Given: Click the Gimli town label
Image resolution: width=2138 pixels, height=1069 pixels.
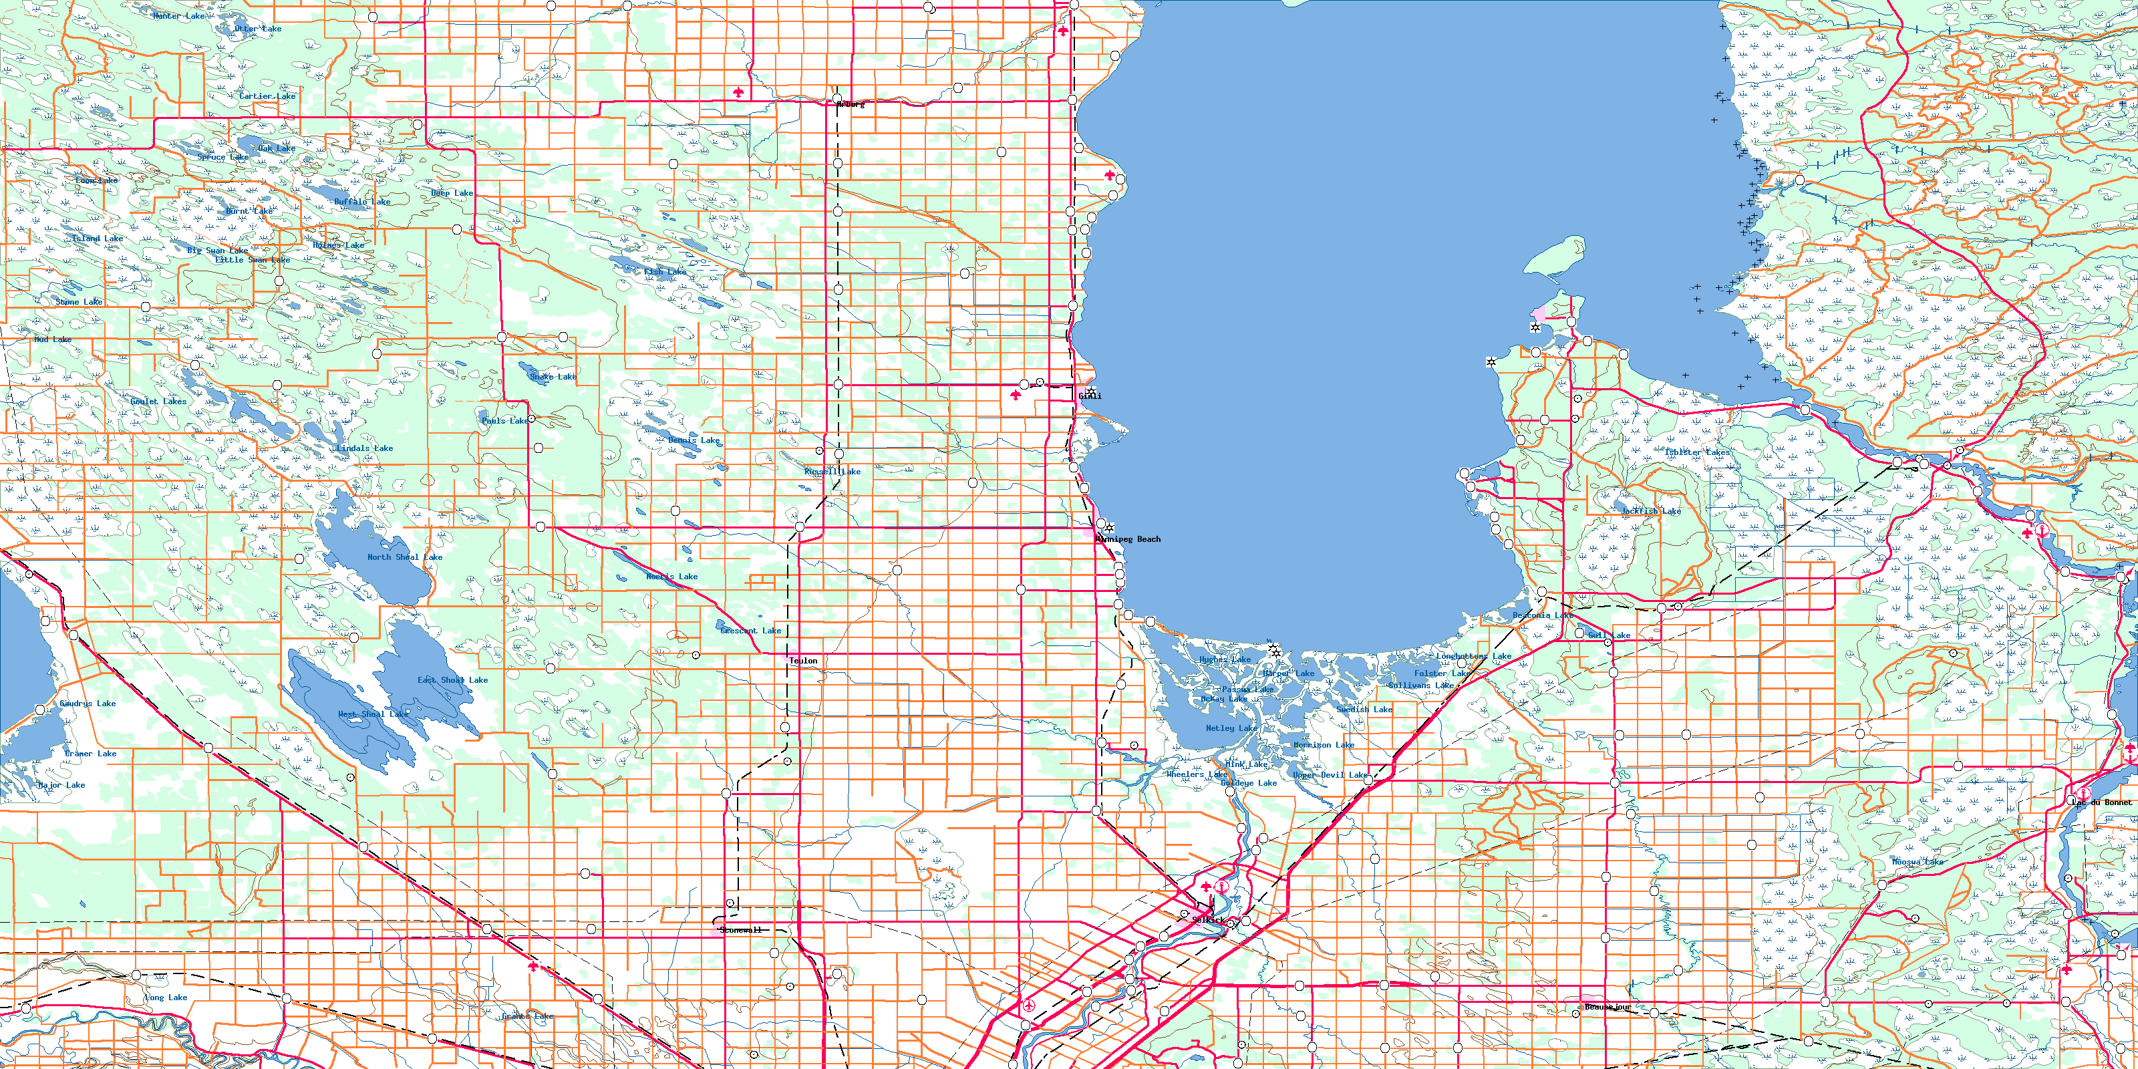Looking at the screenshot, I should point(1090,396).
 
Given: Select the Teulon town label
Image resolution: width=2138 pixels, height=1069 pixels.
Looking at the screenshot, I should point(802,661).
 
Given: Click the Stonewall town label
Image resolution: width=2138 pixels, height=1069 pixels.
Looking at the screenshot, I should point(740,931).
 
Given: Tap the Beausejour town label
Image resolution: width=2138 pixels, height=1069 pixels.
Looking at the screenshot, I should point(1608,1008).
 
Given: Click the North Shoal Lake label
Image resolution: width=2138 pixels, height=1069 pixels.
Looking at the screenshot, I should point(405,558).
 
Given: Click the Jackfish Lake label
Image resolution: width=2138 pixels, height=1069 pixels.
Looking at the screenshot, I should point(1651,511).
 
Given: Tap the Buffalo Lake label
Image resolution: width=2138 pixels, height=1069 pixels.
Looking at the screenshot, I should point(362,202).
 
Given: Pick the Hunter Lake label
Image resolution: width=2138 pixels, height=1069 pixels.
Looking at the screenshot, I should point(178,17).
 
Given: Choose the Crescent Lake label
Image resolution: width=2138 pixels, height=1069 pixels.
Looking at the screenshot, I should point(750,631).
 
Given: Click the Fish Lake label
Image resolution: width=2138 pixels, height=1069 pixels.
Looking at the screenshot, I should point(665,272).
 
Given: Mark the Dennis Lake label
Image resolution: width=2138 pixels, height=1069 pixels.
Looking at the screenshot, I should point(694,441).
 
